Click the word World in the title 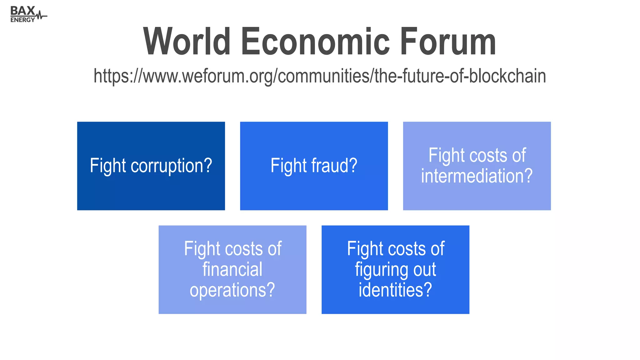click(187, 42)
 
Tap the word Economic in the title click(315, 42)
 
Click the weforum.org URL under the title click(320, 76)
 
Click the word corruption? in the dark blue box click(171, 166)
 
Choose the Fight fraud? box click(314, 191)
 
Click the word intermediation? click(477, 176)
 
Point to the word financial click(232, 269)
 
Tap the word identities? click(395, 290)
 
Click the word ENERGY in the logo click(22, 20)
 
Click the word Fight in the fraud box click(289, 166)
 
